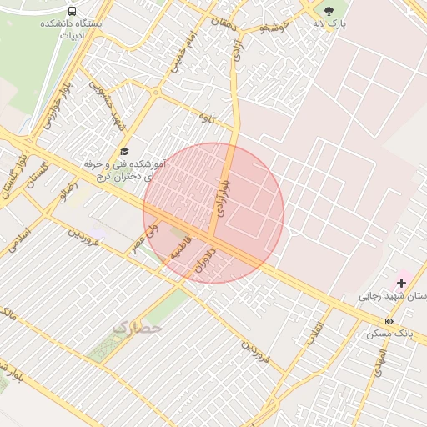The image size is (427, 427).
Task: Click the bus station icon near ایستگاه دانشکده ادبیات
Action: [73, 12]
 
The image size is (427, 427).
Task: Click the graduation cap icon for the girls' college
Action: [124, 151]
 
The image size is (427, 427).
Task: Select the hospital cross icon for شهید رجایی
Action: [401, 283]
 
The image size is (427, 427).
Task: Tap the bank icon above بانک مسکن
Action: [389, 322]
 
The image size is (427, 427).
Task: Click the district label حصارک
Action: [136, 328]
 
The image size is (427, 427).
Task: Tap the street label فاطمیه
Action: [181, 248]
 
